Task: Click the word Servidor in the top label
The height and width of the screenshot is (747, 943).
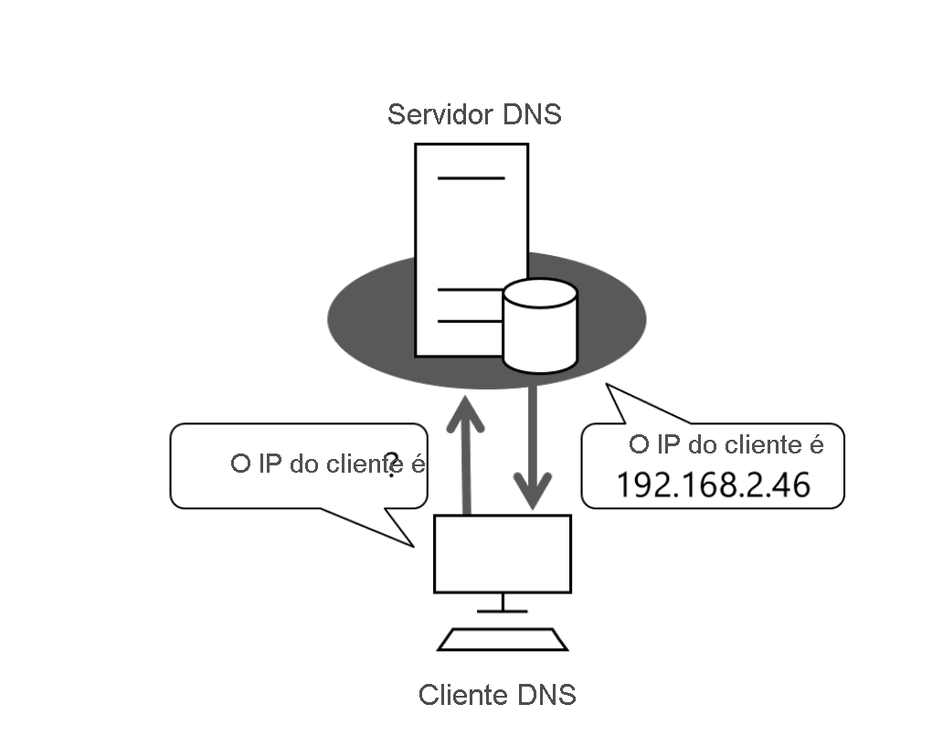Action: click(x=438, y=115)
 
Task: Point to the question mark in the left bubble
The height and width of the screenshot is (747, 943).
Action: click(x=393, y=464)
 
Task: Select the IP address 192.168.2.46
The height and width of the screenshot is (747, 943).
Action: click(x=713, y=485)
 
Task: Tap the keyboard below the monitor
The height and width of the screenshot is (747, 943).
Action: click(x=503, y=639)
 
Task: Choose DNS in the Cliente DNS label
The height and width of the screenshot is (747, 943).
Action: click(x=546, y=695)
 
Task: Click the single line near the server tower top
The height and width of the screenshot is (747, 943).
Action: click(x=471, y=177)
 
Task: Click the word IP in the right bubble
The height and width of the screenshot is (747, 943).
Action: click(x=666, y=445)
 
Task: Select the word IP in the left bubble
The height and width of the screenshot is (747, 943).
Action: click(x=270, y=464)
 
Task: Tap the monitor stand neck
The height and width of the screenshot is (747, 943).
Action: click(x=502, y=601)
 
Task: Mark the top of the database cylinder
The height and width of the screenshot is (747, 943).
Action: click(x=540, y=293)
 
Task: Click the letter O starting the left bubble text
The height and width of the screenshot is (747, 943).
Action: click(x=240, y=464)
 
